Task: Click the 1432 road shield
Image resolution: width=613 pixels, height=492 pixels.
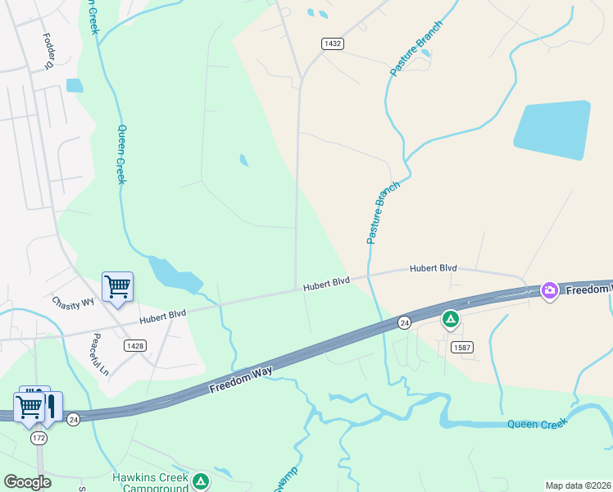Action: pos(332,43)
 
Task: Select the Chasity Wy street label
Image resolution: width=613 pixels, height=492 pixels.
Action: pos(74,302)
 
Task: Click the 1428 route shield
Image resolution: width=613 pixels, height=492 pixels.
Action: pos(135,346)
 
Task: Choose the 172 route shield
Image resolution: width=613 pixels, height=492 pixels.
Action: pos(39,439)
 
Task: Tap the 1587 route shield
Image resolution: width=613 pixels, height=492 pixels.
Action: pos(461,348)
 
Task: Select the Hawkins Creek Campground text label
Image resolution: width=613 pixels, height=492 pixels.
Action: pos(150,482)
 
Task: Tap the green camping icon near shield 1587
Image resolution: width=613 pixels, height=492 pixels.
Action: pos(450,318)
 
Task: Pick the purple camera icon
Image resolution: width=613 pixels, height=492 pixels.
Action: pos(550,289)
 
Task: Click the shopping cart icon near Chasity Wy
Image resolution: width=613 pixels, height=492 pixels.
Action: pos(117,286)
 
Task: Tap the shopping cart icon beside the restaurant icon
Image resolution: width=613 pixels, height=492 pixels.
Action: pos(30,405)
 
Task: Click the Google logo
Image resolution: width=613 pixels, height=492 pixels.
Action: pos(27,481)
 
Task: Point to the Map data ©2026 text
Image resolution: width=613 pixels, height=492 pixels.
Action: pos(578,485)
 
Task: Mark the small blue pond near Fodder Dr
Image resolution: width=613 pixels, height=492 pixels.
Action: pos(75,85)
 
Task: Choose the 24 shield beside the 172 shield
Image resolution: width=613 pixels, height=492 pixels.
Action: pos(73,420)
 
